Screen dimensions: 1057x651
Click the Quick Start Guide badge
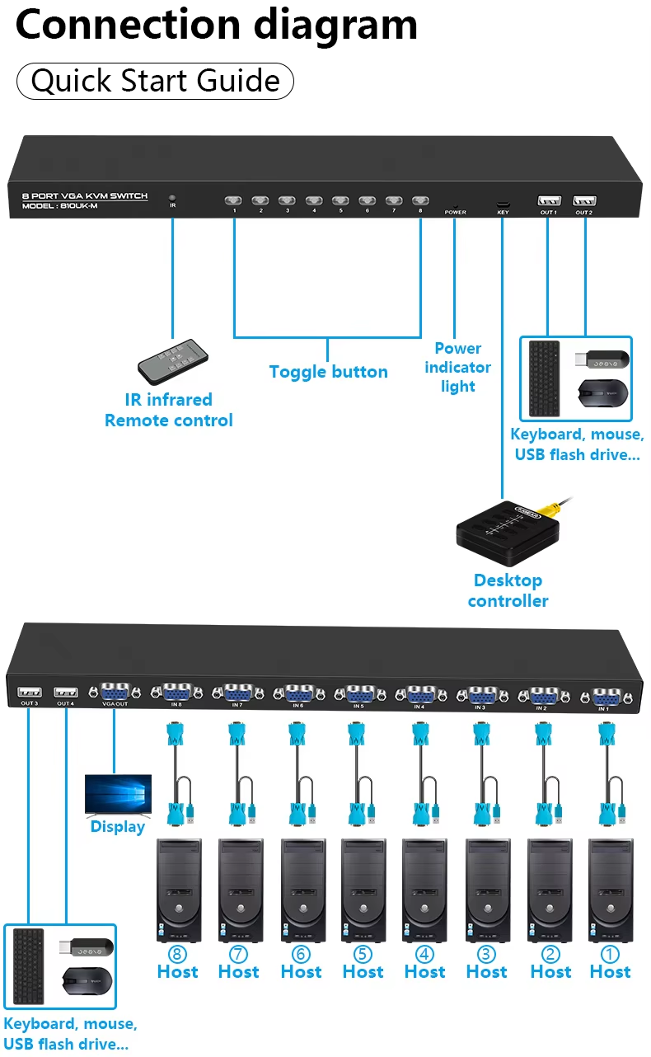[x=155, y=81]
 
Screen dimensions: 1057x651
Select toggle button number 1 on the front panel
[x=235, y=200]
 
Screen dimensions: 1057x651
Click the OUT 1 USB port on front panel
[x=549, y=200]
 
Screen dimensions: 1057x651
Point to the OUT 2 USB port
[x=584, y=200]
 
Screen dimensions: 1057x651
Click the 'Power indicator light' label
[x=457, y=367]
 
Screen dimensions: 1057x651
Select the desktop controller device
[x=508, y=532]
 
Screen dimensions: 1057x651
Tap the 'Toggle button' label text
[x=328, y=372]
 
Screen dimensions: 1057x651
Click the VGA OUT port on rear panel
[x=115, y=691]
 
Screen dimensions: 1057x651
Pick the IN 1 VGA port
[x=603, y=696]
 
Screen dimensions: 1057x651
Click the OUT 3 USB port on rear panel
[x=29, y=691]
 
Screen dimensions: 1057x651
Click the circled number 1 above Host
[x=610, y=954]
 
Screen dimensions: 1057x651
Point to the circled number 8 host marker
[x=177, y=954]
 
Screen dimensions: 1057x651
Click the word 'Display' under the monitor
[x=118, y=827]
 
